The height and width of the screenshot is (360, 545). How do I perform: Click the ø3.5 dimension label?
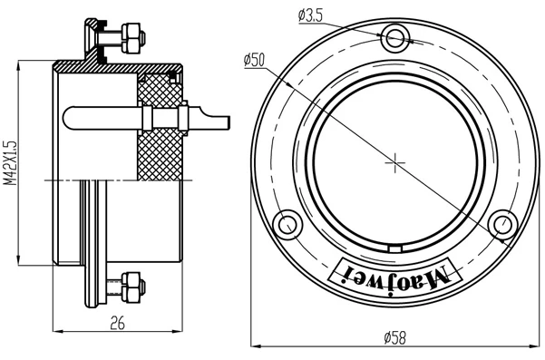click(x=310, y=15)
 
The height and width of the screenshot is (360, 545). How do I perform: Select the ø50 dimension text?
click(x=254, y=60)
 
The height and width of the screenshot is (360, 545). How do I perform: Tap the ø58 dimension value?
click(x=394, y=337)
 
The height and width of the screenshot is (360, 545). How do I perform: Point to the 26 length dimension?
click(x=117, y=323)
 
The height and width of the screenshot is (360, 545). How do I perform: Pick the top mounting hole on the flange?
click(x=394, y=37)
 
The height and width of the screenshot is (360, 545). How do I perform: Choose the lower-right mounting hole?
click(x=502, y=225)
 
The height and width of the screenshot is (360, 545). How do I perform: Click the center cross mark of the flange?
click(x=395, y=162)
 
